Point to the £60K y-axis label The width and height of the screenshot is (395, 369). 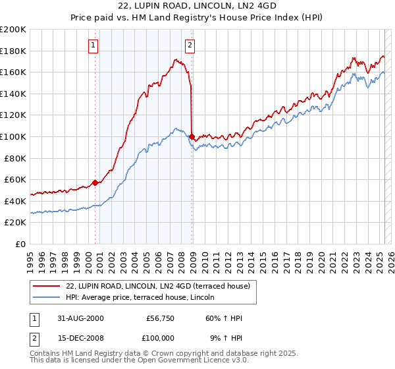point(15,179)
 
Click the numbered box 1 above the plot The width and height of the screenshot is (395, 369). point(93,45)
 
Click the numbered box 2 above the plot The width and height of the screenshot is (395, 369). point(190,45)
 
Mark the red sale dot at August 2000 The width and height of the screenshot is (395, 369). point(95,183)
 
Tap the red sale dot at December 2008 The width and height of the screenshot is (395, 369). point(192,136)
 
